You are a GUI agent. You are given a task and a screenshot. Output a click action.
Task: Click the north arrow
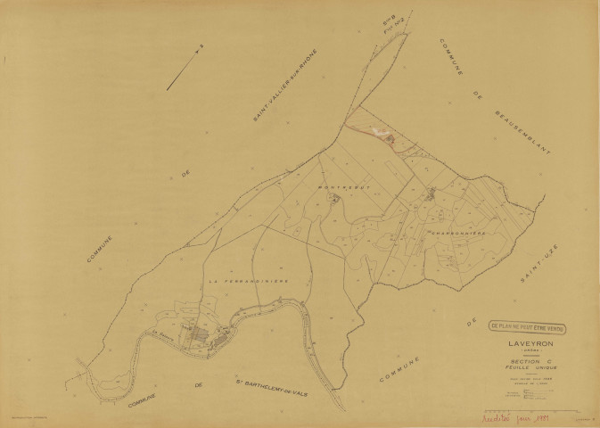(x=185, y=68)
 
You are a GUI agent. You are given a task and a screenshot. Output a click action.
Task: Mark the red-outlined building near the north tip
(x=384, y=136)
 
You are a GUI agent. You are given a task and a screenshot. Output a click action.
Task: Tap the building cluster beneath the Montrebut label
(x=334, y=200)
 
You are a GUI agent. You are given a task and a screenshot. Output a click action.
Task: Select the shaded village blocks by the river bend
(x=207, y=335)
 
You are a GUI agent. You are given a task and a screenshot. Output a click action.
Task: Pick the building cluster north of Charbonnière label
(x=432, y=193)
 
